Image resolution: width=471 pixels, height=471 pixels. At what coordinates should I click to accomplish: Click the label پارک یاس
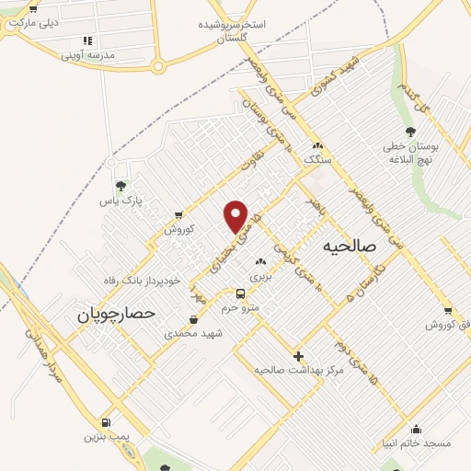122,200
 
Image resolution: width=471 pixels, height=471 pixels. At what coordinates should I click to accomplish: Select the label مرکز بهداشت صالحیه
299,369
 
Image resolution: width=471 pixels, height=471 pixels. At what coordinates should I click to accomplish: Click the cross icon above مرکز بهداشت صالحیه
298,355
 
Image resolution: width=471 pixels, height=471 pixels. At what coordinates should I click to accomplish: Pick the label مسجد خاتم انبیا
417,442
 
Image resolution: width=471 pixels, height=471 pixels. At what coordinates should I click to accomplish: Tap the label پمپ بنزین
109,436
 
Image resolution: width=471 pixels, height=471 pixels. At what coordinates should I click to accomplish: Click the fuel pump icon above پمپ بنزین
109,422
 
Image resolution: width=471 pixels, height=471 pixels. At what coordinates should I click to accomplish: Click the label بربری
260,275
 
